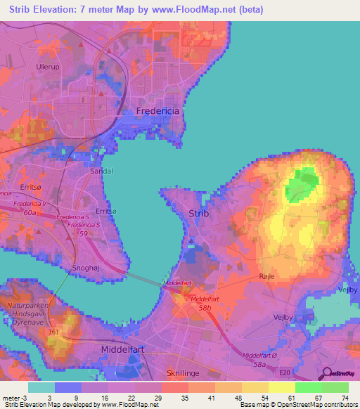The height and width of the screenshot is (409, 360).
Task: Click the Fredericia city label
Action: tap(158, 111)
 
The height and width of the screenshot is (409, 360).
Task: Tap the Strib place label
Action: tap(199, 214)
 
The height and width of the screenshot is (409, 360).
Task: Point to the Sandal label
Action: tap(102, 171)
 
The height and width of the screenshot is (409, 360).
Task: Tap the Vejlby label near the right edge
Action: tap(349, 290)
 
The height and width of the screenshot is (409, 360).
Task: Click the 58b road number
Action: tap(203, 307)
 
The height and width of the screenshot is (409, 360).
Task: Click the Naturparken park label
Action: tap(27, 306)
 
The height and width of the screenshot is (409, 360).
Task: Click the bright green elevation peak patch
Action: tap(302, 184)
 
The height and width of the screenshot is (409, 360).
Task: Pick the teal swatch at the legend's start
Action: tap(41, 387)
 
